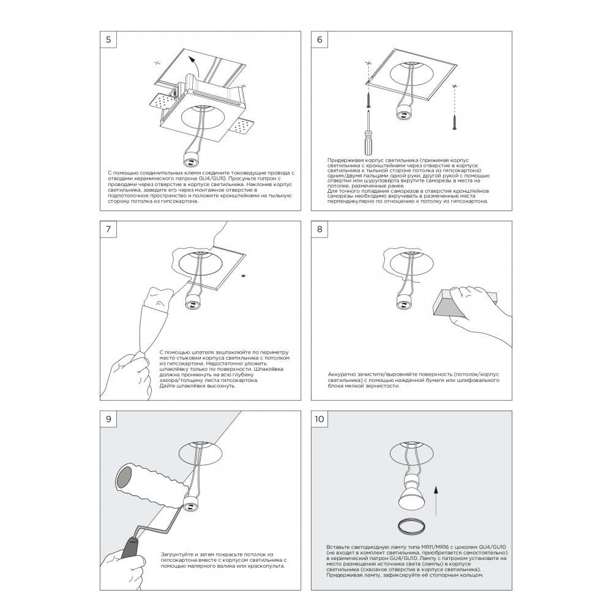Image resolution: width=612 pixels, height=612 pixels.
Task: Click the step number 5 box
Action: pos(108,40)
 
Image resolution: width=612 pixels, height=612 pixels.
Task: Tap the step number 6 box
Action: pos(319,40)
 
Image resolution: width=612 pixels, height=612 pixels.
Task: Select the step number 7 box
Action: pos(108,229)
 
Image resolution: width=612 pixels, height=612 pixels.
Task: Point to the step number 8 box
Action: pos(319,229)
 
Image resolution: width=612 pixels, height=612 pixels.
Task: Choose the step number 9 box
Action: pos(108,419)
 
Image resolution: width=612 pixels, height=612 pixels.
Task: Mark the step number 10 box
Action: pos(319,419)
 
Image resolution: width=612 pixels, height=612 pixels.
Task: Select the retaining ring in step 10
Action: pos(409,524)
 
